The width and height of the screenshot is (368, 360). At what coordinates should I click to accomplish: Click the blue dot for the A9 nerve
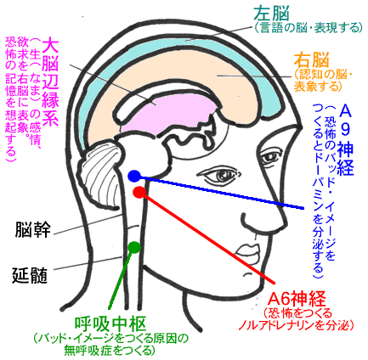[x=133, y=176]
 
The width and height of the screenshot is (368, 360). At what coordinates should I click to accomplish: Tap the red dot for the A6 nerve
[x=139, y=192]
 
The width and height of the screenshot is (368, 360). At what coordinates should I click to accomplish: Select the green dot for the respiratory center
[x=134, y=247]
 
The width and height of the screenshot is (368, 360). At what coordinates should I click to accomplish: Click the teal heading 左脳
[x=271, y=14]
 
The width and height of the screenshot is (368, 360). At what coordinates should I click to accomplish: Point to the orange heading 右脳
[x=312, y=60]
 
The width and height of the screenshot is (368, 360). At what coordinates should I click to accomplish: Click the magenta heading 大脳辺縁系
[x=50, y=82]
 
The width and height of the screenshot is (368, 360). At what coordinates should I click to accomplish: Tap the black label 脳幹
[x=33, y=229]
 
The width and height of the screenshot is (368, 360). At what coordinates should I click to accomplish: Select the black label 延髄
[x=30, y=276]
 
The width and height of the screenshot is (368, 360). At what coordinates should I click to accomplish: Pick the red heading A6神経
[x=297, y=299]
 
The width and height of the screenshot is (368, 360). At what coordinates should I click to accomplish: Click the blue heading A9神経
[x=345, y=139]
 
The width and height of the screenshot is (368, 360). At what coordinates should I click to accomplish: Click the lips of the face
[x=248, y=250]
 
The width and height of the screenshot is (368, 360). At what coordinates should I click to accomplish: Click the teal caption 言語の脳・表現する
[x=309, y=28]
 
